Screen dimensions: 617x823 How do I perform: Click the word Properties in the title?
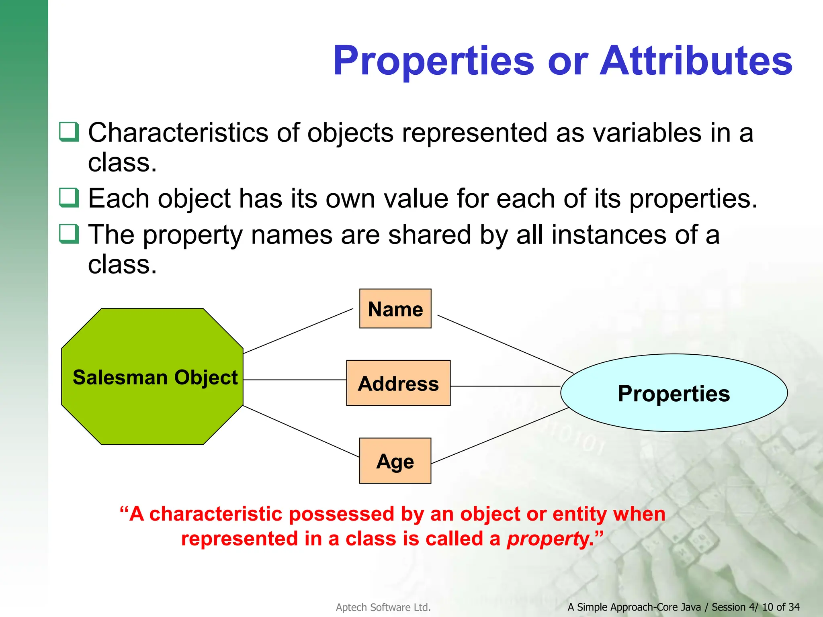[x=433, y=61]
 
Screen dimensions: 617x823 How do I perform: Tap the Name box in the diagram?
[x=395, y=308]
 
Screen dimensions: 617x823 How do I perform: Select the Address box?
[x=398, y=383]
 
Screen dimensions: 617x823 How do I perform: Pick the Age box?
[x=395, y=460]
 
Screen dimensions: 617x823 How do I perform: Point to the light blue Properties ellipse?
[x=674, y=393]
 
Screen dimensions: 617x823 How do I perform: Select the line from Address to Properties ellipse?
[x=505, y=386]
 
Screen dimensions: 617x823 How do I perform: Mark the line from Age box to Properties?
[x=500, y=435]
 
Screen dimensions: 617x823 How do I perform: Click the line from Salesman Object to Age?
[x=301, y=431]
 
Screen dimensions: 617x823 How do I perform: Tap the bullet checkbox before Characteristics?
[x=69, y=131]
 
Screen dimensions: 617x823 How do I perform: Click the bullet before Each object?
[x=69, y=197]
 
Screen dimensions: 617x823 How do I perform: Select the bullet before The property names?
[x=69, y=234]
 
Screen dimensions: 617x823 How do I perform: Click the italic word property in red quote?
[x=547, y=539]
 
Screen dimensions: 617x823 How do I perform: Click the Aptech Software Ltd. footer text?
[x=383, y=607]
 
